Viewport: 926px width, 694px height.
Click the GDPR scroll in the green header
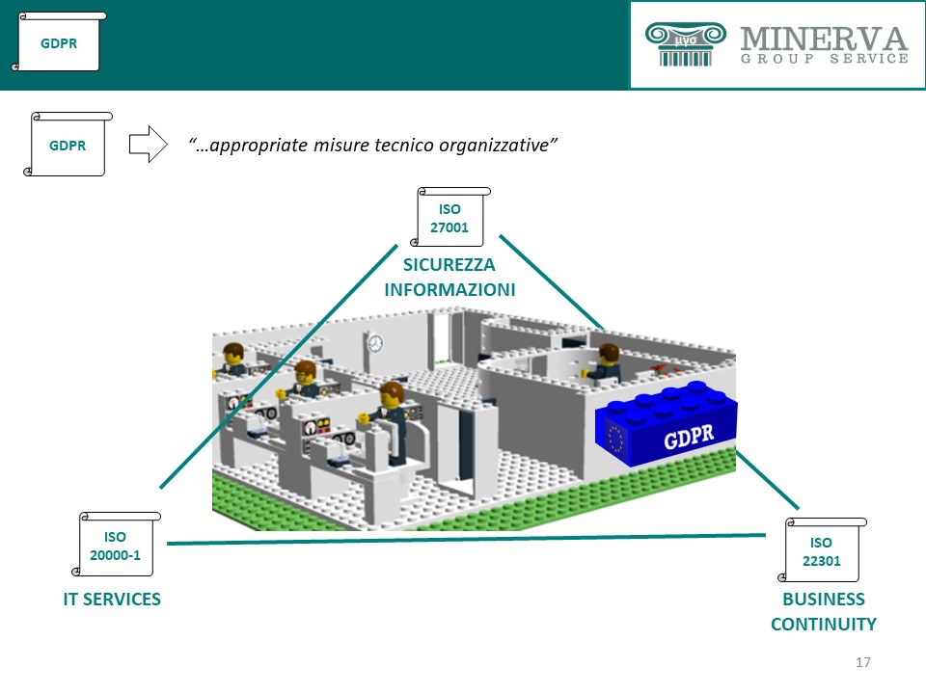pyautogui.click(x=59, y=42)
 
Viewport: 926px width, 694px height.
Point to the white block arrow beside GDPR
pyautogui.click(x=148, y=145)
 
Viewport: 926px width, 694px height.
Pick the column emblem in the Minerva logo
pyautogui.click(x=685, y=44)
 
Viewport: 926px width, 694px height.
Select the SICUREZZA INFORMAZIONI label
pyautogui.click(x=450, y=277)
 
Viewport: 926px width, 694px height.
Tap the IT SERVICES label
pyautogui.click(x=112, y=600)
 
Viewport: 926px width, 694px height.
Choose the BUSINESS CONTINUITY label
pyautogui.click(x=823, y=611)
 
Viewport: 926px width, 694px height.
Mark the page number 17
pyautogui.click(x=863, y=662)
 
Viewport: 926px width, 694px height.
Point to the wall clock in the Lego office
pyautogui.click(x=374, y=342)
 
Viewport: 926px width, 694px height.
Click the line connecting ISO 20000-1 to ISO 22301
pyautogui.click(x=463, y=540)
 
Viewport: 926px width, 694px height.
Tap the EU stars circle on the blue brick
pyautogui.click(x=615, y=440)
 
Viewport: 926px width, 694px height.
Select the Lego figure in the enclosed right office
pyautogui.click(x=607, y=360)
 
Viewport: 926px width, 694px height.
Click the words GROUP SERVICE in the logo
pyautogui.click(x=825, y=59)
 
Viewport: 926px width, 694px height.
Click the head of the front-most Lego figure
pyautogui.click(x=391, y=392)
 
